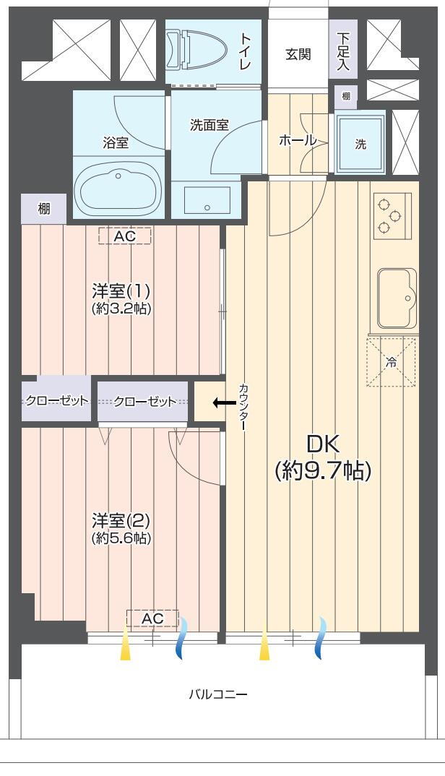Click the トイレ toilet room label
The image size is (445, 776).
246,51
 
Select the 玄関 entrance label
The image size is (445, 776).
298,54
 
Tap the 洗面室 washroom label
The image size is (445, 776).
209,125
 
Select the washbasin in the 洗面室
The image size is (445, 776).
207,200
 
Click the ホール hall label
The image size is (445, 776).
298,141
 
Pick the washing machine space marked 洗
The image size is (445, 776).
360,144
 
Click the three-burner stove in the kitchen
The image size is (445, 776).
392,216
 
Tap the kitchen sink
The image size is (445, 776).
397,298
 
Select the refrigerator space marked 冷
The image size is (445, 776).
391,362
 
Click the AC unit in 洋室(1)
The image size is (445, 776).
125,236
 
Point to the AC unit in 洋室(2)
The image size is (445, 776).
152,618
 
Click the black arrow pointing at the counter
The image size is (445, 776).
224,403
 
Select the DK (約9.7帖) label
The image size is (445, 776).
323,458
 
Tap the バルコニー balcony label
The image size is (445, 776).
217,694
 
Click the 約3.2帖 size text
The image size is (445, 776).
121,309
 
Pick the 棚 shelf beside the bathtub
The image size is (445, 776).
44,209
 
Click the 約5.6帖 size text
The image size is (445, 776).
121,538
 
